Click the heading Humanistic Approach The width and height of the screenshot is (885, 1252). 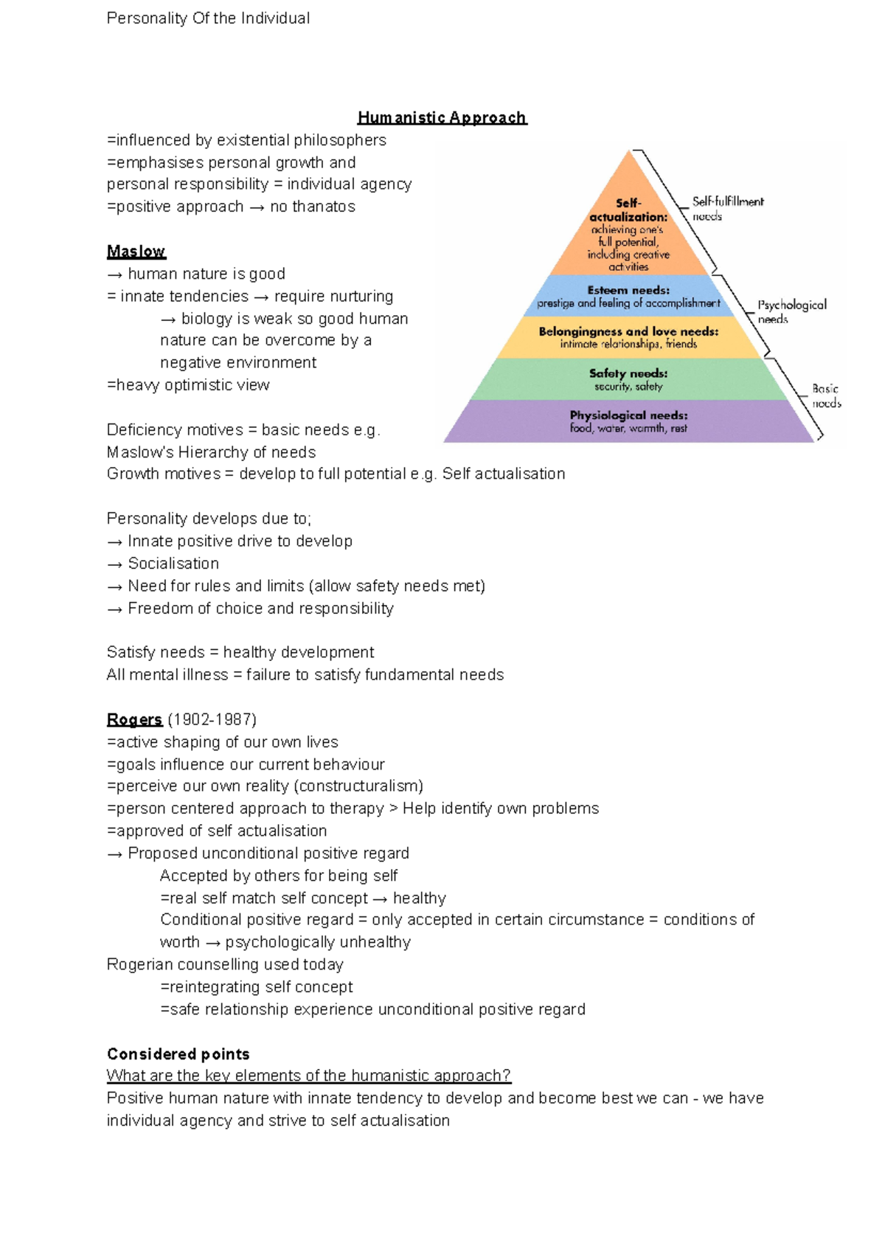tap(442, 118)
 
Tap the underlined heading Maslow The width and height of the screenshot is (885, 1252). tap(136, 252)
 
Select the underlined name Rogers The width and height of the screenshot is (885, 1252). tap(134, 719)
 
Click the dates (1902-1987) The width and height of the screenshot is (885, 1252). tap(212, 719)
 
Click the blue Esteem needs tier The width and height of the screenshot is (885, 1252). tap(628, 297)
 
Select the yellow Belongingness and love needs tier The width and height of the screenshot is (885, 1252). tap(628, 338)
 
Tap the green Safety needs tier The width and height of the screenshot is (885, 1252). tap(628, 380)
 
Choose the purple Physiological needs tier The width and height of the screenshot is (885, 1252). tap(628, 421)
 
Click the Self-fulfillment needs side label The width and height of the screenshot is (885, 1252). tap(727, 208)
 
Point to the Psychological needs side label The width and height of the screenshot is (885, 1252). tap(791, 311)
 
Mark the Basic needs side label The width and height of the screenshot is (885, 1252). tap(826, 395)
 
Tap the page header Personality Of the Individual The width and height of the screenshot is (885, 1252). tap(208, 18)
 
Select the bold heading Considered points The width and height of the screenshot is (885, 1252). tap(178, 1054)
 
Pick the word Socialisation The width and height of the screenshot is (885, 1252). tap(173, 564)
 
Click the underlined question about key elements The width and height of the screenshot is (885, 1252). tap(308, 1076)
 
